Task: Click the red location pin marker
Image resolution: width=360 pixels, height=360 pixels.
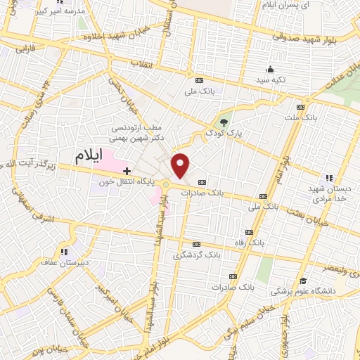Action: click(x=181, y=165)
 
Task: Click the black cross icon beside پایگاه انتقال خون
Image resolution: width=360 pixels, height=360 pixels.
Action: click(x=127, y=171)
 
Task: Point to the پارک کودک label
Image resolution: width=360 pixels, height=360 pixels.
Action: click(x=223, y=131)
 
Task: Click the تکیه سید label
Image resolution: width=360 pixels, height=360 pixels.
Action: click(x=271, y=80)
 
